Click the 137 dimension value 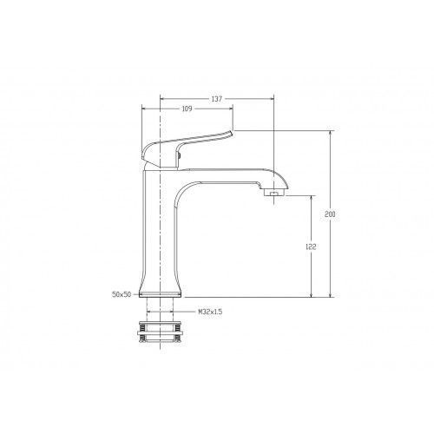(x=216, y=99)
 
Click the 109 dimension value (x=187, y=108)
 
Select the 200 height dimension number (x=330, y=214)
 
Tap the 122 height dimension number (x=311, y=247)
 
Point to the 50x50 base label (x=122, y=294)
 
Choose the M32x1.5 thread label (x=210, y=312)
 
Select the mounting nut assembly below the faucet (x=160, y=332)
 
